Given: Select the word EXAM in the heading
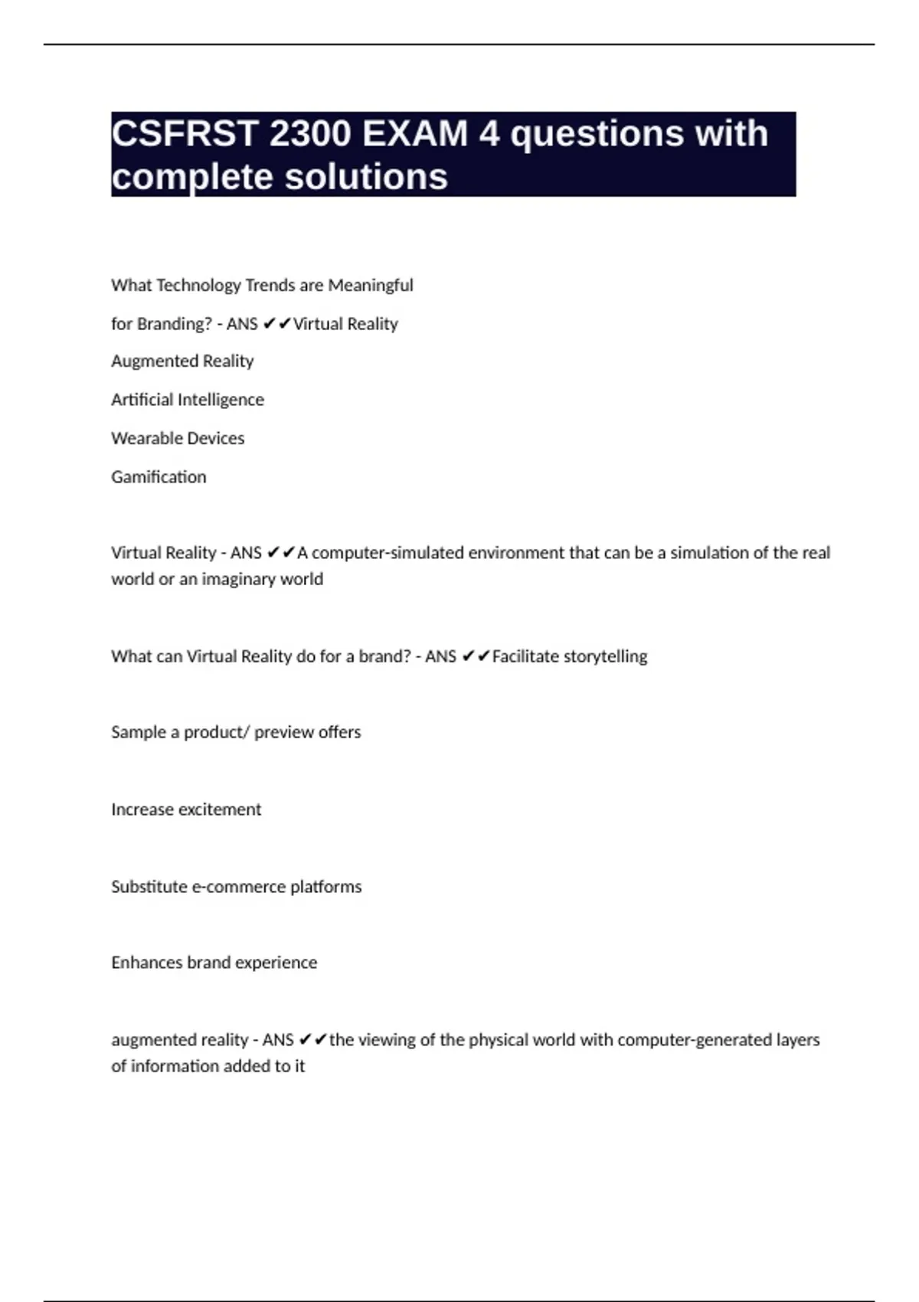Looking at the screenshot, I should coord(414,134).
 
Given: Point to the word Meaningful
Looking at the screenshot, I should coord(371,286).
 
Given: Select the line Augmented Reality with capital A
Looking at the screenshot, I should coord(182,361).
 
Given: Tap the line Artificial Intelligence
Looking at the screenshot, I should coord(188,400).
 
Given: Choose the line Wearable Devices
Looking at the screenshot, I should coord(178,438).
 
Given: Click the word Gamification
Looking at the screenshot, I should coord(159,477).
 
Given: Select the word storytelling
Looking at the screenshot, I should coord(605,656).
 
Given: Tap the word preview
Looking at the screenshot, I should coord(283,732).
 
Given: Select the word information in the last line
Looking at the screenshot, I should coord(175,1066).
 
